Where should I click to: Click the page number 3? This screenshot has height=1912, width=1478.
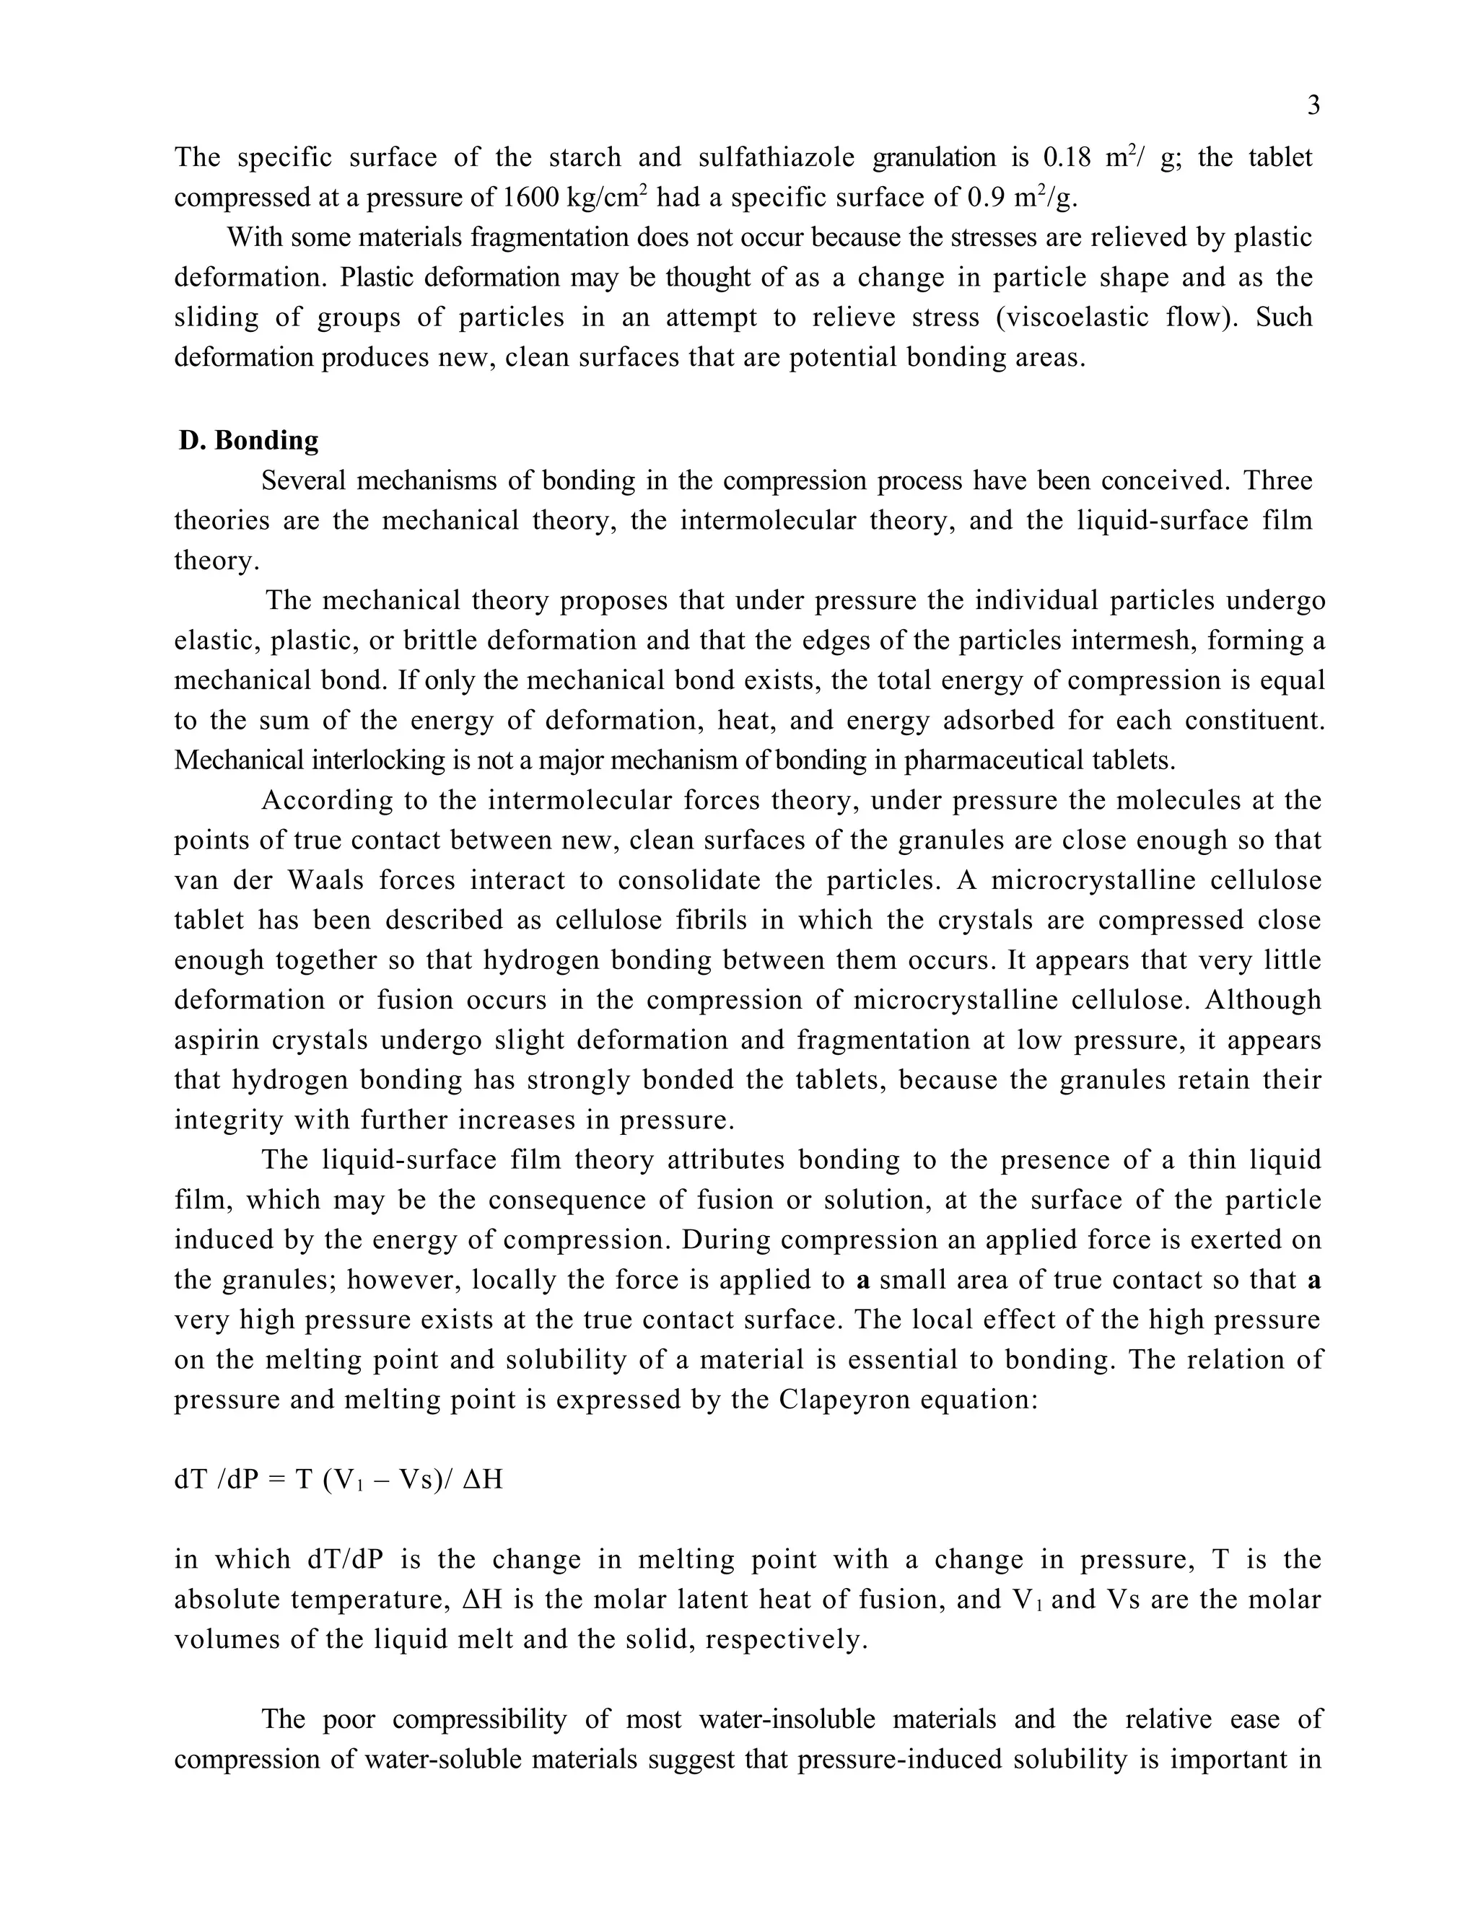1313,106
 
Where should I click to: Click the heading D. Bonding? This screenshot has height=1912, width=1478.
249,440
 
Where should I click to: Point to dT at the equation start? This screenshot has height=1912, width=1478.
190,1480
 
